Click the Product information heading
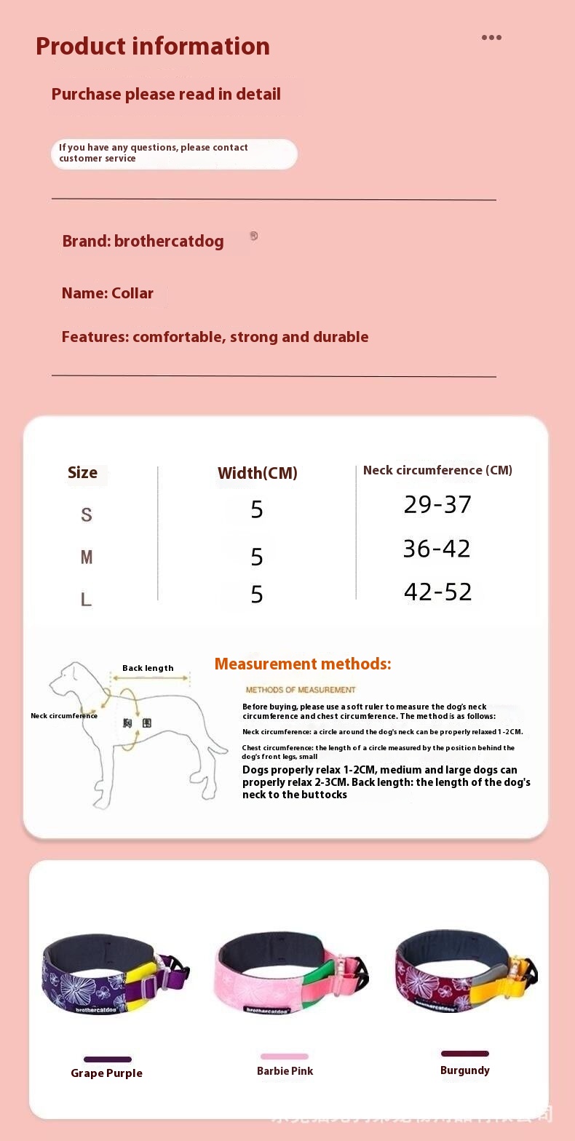click(x=153, y=47)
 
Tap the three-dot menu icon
click(x=491, y=38)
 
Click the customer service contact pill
click(x=174, y=154)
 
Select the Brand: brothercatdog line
click(x=143, y=242)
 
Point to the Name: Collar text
click(x=108, y=293)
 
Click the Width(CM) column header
click(x=258, y=473)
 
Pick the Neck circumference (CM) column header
click(x=437, y=470)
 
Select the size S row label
click(x=87, y=515)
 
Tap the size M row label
click(x=87, y=557)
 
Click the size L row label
click(x=87, y=600)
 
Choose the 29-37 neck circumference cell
click(x=437, y=505)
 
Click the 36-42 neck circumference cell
click(x=437, y=549)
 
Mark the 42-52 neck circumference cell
click(x=437, y=592)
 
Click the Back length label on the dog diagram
click(x=148, y=668)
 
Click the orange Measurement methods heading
click(x=303, y=664)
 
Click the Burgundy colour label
click(x=465, y=1070)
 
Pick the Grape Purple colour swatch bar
click(x=108, y=1059)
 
